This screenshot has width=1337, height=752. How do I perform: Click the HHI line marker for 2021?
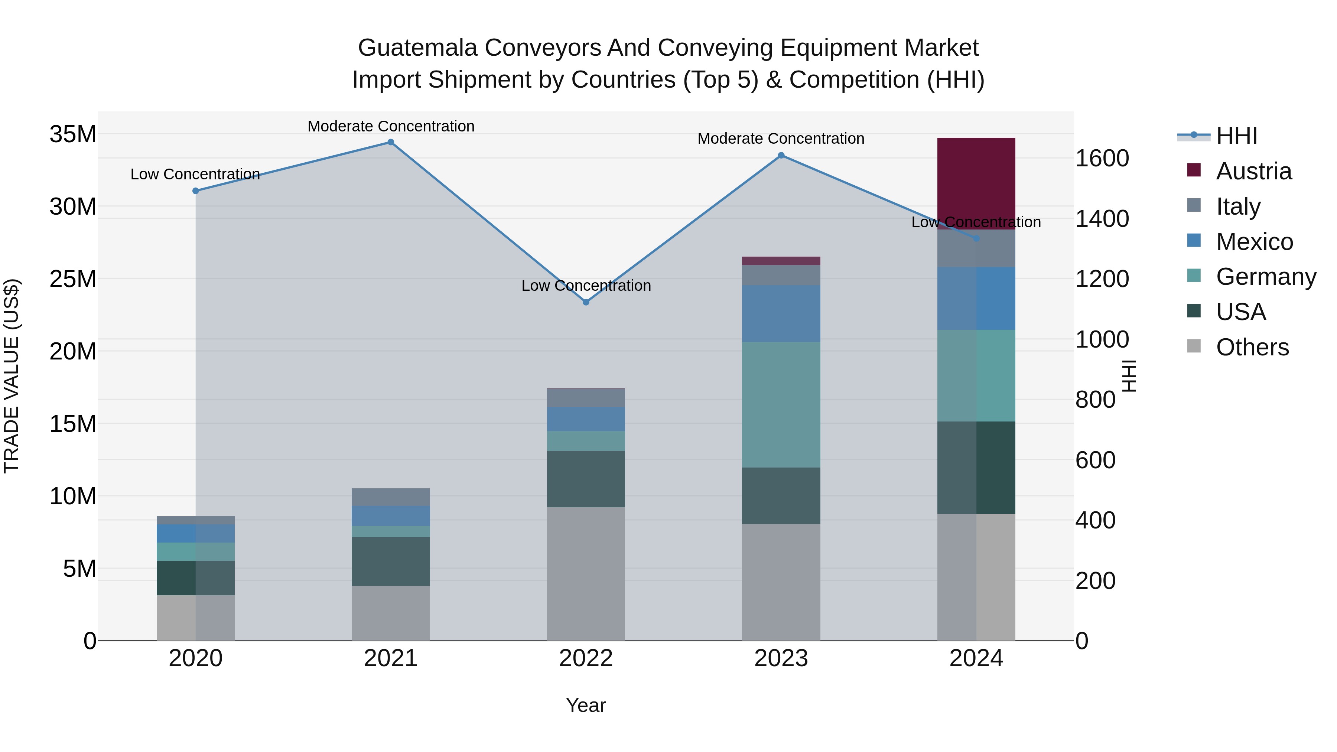point(391,142)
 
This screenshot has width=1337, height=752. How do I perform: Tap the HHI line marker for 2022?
point(586,302)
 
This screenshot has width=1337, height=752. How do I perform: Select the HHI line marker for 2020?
point(196,191)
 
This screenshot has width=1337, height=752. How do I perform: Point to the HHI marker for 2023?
point(781,156)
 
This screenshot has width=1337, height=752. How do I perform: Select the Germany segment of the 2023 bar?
point(781,404)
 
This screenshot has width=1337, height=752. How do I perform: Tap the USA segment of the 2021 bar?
point(391,561)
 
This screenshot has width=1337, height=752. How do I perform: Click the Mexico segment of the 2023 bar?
point(781,313)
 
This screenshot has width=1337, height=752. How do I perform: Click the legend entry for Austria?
point(1253,171)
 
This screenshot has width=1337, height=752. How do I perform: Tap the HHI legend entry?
point(1236,136)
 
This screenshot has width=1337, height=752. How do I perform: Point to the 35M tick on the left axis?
point(73,134)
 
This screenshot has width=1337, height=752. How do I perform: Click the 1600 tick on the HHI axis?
point(1102,158)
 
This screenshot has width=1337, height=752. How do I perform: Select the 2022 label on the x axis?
point(586,658)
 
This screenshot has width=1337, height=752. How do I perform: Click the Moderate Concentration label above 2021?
point(391,126)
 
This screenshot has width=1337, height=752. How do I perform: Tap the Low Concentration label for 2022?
point(586,286)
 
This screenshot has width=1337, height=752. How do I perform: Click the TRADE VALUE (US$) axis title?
point(12,376)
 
